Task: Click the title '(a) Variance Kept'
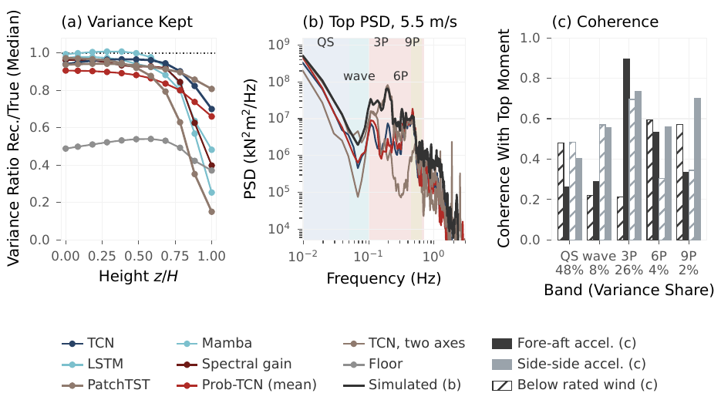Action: coord(127,22)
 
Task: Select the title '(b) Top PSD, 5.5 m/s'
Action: coord(380,22)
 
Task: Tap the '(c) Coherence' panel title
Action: coord(605,22)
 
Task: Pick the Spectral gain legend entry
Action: coord(234,364)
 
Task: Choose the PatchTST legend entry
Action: coord(106,385)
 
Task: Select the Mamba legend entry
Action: coord(214,343)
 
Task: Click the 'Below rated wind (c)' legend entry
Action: coord(574,385)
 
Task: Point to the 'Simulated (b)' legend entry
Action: coord(403,385)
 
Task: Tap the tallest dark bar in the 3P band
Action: coord(626,150)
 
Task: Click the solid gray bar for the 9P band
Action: coord(697,170)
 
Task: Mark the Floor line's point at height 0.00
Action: coord(66,149)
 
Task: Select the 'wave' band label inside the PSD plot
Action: coord(359,76)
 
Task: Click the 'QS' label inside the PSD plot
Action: coord(325,42)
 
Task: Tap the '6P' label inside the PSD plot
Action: coord(400,76)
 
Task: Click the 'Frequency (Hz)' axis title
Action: coord(383,278)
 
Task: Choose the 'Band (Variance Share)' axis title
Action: coord(628,290)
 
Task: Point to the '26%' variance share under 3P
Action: coord(628,270)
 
